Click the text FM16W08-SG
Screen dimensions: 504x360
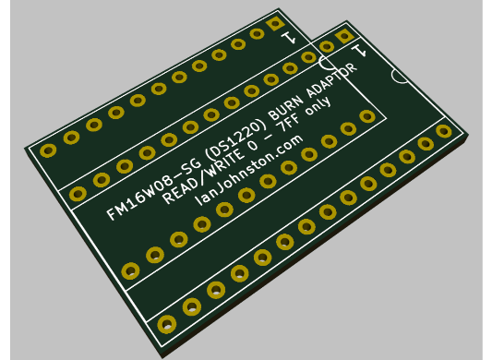click(x=153, y=188)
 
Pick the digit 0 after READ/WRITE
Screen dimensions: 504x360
click(x=253, y=145)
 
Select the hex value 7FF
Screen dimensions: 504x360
click(x=289, y=123)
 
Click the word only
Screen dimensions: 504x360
click(x=318, y=105)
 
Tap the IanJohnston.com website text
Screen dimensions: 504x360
click(x=248, y=170)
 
